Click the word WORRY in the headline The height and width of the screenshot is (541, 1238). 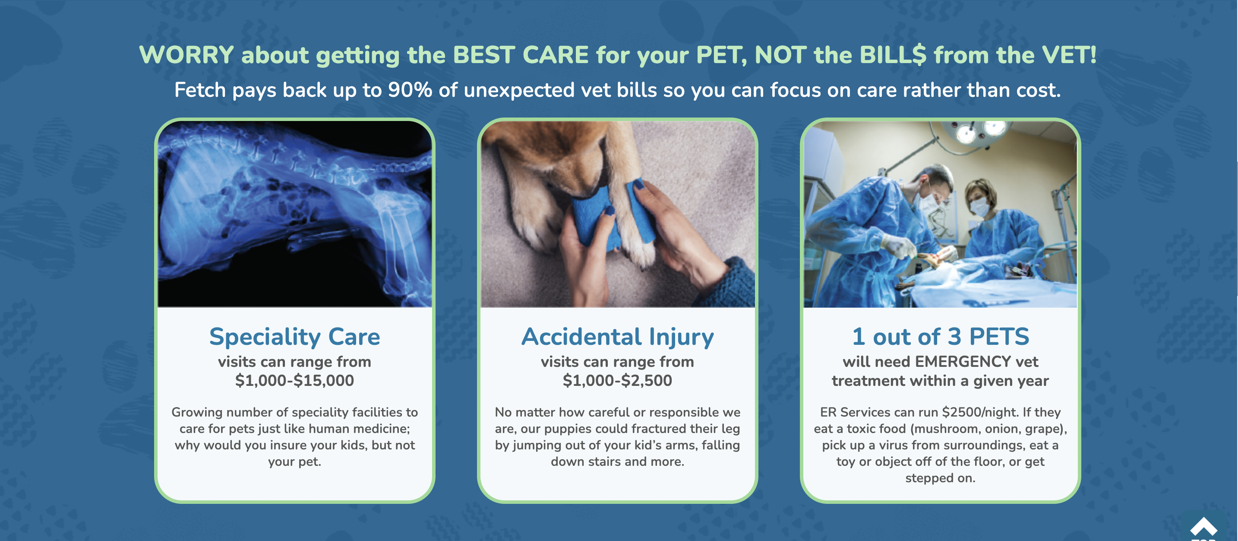pyautogui.click(x=186, y=55)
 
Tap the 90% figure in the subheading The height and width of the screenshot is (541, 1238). pyautogui.click(x=410, y=90)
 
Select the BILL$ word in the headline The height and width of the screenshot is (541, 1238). pyautogui.click(x=892, y=55)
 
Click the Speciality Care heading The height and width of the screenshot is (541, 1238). pyautogui.click(x=294, y=337)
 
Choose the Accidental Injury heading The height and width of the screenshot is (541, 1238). pyautogui.click(x=618, y=337)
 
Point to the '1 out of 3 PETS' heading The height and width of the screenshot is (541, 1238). pyautogui.click(x=941, y=337)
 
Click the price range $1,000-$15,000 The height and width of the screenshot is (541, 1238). pyautogui.click(x=294, y=380)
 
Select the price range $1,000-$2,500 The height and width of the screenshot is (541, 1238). pyautogui.click(x=618, y=380)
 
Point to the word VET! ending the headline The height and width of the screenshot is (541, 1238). pyautogui.click(x=1069, y=55)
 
